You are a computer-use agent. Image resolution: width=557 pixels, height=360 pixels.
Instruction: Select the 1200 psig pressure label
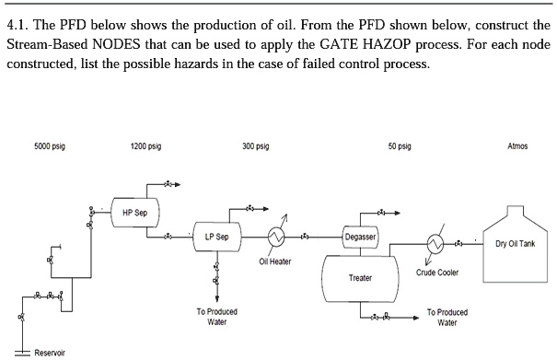(146, 146)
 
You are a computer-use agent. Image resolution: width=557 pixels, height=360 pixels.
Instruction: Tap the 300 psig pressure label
(256, 146)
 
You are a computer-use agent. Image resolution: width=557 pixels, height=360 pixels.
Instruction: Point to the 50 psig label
(400, 146)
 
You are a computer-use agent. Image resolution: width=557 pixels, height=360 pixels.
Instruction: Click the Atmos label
(517, 146)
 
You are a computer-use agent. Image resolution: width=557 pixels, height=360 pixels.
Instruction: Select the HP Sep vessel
(134, 213)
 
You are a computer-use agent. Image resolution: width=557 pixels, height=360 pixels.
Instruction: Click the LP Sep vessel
(216, 237)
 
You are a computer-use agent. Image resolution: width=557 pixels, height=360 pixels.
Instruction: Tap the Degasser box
(359, 238)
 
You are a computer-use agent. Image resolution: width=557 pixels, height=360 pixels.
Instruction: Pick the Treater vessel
(360, 277)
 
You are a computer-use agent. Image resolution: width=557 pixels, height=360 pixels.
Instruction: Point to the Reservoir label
(49, 353)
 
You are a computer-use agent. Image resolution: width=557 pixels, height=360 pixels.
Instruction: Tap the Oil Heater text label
(275, 261)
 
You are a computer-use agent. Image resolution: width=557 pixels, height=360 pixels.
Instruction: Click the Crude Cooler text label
(437, 273)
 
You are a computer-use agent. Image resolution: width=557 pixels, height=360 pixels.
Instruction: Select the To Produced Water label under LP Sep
(216, 317)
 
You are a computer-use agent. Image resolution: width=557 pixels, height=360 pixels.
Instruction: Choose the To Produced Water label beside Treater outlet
(447, 318)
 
